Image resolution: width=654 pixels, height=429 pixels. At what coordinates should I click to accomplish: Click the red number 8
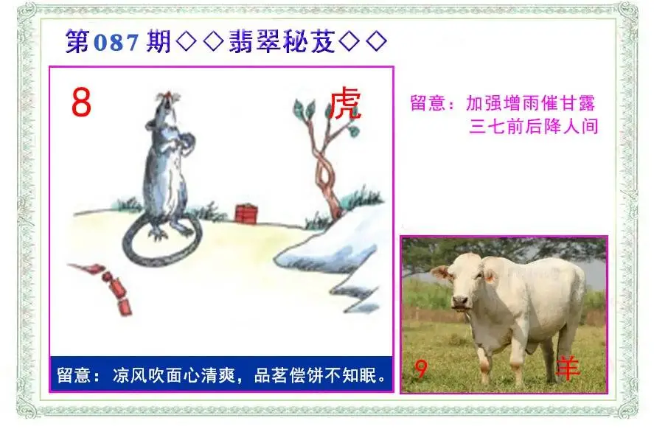click(81, 102)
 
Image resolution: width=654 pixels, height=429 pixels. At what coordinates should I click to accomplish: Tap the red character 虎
click(345, 103)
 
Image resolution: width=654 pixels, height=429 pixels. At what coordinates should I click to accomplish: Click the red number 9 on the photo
click(421, 369)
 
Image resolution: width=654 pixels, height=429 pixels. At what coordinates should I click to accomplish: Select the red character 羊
click(568, 368)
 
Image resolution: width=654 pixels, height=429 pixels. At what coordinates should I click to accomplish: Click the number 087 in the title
click(116, 42)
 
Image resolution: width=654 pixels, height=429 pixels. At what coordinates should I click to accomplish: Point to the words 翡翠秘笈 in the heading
click(282, 41)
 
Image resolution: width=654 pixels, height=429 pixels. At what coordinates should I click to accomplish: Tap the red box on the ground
click(246, 213)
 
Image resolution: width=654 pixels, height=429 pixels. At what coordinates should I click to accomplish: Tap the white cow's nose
click(460, 301)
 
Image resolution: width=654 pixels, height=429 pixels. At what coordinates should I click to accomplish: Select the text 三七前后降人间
click(534, 126)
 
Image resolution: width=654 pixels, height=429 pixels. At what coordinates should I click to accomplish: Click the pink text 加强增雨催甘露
click(530, 103)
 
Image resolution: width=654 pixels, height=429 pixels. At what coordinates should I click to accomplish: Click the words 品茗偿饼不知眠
click(316, 375)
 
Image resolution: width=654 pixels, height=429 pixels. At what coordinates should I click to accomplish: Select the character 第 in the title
click(77, 41)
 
